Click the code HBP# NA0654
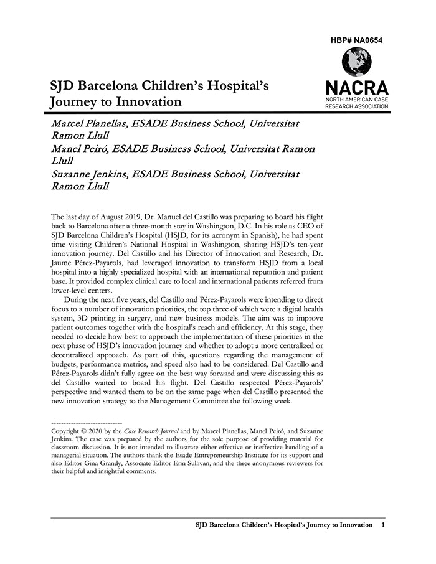(x=357, y=40)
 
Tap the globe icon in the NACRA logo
(x=357, y=62)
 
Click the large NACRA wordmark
(x=357, y=88)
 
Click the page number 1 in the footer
(x=382, y=525)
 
